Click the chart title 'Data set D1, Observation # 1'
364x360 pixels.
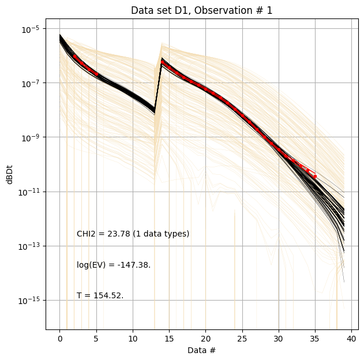[x=201, y=10]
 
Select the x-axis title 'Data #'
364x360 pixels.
[x=201, y=350]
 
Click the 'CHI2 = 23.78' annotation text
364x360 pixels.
[x=133, y=234]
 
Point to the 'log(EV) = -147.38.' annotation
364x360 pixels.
[x=114, y=265]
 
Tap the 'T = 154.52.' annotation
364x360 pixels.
[x=100, y=296]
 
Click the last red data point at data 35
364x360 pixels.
[x=315, y=176]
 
